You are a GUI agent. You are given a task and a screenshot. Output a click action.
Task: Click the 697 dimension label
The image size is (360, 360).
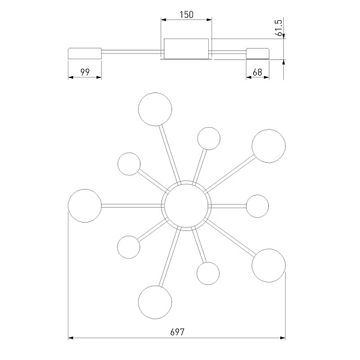click(x=177, y=332)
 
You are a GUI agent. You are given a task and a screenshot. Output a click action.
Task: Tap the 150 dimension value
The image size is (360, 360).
click(x=187, y=14)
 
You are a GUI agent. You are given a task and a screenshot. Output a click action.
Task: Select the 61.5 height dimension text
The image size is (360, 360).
click(x=279, y=28)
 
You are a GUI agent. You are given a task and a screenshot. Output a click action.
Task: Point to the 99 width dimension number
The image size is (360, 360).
click(x=85, y=73)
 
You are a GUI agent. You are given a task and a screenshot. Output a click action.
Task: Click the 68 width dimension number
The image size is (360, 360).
click(x=257, y=73)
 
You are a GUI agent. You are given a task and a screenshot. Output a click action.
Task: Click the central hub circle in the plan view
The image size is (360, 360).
click(x=186, y=206)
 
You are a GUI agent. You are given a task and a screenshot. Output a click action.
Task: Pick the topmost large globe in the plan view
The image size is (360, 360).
click(x=155, y=109)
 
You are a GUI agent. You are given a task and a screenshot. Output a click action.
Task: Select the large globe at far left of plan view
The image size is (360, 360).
click(x=85, y=206)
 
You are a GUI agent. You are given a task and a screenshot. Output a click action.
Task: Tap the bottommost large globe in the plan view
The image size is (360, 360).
click(x=155, y=302)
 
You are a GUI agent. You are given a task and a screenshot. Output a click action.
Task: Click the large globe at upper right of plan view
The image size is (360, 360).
click(x=268, y=146)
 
